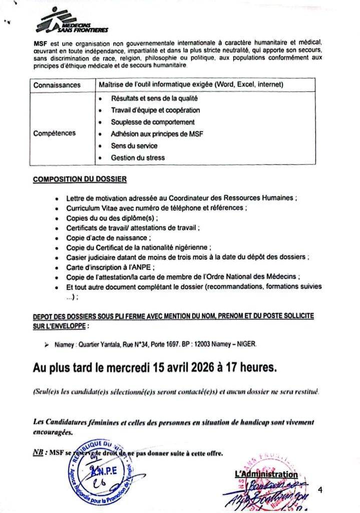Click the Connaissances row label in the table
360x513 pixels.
point(57,85)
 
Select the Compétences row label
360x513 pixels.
point(55,133)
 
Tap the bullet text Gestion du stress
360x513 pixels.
point(138,158)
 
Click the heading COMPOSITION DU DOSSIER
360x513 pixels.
point(80,179)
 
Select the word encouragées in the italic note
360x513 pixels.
point(53,431)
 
